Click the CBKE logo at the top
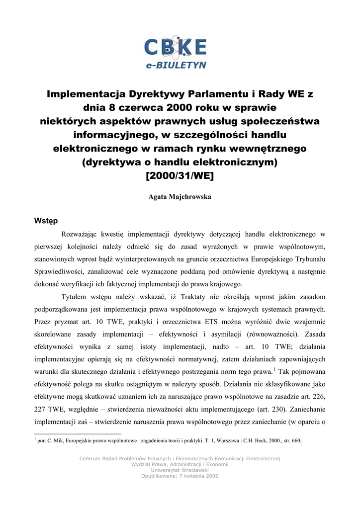click(175, 47)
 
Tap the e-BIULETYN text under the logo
click(176, 65)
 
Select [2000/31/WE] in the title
click(180, 175)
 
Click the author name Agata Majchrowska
click(180, 197)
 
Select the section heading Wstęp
click(46, 220)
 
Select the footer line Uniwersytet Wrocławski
click(180, 470)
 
